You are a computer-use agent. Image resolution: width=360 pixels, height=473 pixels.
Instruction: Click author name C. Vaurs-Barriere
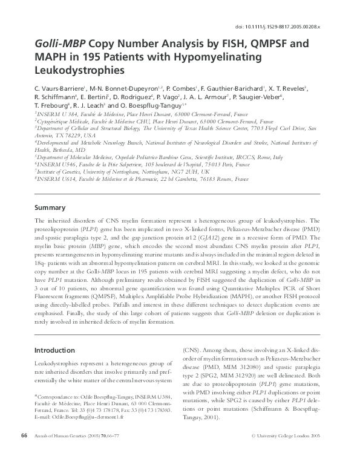59,88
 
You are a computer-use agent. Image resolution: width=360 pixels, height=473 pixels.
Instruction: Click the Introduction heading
54,350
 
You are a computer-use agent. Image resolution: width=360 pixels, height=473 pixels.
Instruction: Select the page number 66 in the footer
25,452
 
